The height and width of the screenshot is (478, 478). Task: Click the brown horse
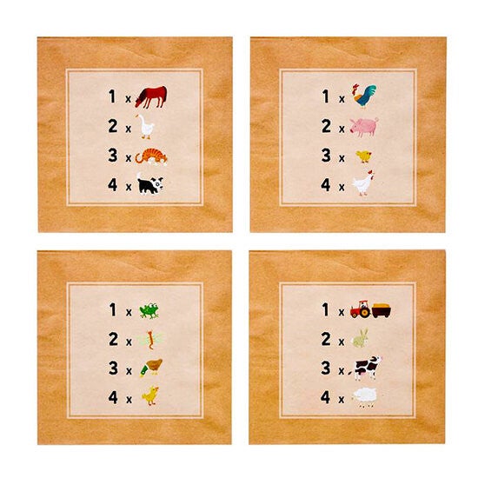(151, 96)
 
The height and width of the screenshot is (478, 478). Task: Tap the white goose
(145, 127)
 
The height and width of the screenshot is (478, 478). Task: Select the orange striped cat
(151, 156)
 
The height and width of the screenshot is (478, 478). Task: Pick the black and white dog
(150, 183)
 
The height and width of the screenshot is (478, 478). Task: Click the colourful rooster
(364, 96)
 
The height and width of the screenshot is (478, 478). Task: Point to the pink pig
(364, 127)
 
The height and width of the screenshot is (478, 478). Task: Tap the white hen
(363, 183)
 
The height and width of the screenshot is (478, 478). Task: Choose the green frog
(149, 310)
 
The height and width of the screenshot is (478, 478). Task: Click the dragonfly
(149, 340)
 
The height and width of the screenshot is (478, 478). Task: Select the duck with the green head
(151, 368)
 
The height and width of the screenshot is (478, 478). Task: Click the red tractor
(361, 309)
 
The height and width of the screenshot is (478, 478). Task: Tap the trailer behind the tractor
(381, 310)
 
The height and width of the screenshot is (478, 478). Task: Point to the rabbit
(361, 338)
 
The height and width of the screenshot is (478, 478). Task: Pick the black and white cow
(367, 368)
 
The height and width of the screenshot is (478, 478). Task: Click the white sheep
(364, 397)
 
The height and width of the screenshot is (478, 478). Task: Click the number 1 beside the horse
(112, 96)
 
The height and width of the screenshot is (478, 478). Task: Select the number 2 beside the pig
(326, 126)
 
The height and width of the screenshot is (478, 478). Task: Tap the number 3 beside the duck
(113, 368)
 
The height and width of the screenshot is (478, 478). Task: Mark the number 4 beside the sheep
(326, 397)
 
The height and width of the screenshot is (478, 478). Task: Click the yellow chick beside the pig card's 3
(364, 156)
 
